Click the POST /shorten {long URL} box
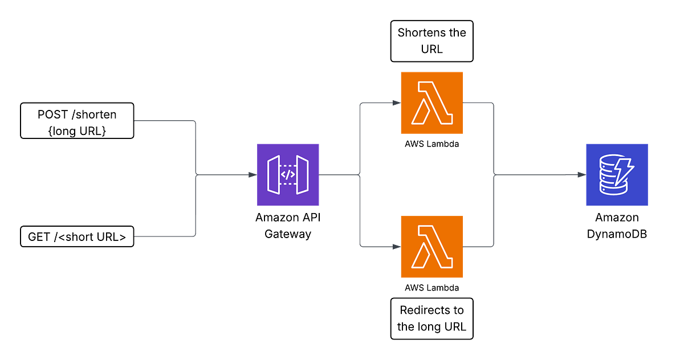coord(77,121)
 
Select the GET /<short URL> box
coord(77,235)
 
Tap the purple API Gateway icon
coord(288,174)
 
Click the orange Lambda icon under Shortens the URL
coord(432,103)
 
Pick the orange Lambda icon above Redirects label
coord(432,246)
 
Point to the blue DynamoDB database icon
coord(616,174)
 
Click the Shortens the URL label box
coord(431,41)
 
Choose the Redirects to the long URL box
coord(431,318)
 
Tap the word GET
coord(39,236)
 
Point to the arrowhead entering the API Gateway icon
coord(251,175)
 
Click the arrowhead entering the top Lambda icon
coord(396,103)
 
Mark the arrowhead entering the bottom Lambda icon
coord(396,247)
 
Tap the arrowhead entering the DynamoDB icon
coord(581,175)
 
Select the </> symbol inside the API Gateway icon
coord(288,175)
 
